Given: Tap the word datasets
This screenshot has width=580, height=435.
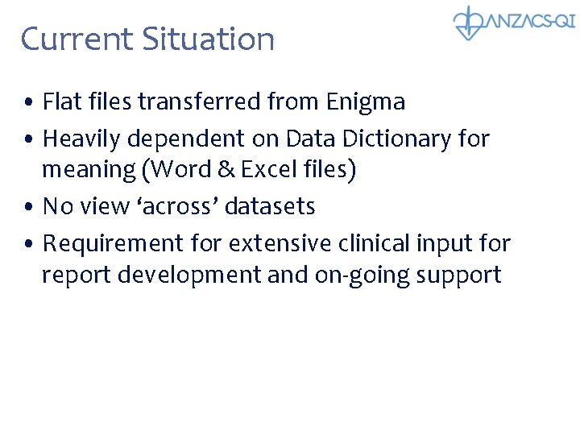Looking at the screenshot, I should click(x=270, y=207).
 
